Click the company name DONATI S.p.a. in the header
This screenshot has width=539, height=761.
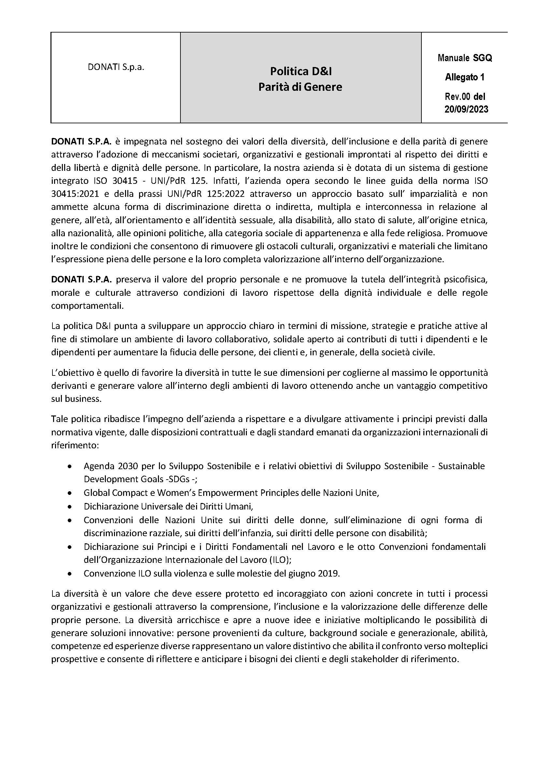pyautogui.click(x=116, y=67)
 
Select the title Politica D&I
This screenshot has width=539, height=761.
pyautogui.click(x=301, y=71)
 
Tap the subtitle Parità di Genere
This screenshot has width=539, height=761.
pyautogui.click(x=300, y=87)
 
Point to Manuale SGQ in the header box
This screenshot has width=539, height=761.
pyautogui.click(x=465, y=58)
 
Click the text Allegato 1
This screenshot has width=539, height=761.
pyautogui.click(x=465, y=77)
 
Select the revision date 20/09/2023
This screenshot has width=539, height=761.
pyautogui.click(x=466, y=109)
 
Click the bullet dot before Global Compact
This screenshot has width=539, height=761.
pyautogui.click(x=69, y=493)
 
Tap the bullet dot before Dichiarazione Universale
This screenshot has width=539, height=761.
pyautogui.click(x=69, y=507)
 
